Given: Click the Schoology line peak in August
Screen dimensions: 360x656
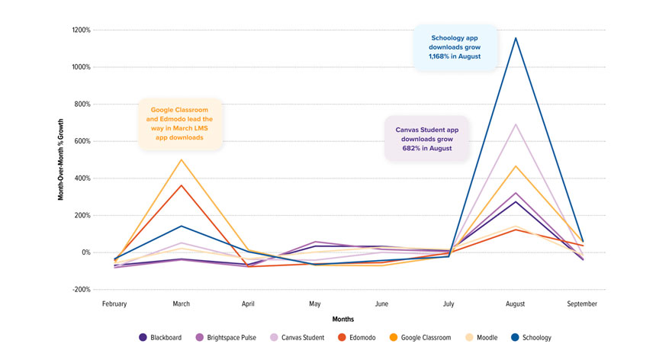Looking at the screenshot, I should coord(516,38).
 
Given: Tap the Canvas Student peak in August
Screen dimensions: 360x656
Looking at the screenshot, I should coord(516,124).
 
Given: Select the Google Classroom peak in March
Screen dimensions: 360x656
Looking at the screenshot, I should coord(182,159).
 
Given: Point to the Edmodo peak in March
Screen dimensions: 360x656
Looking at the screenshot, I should coord(182,185).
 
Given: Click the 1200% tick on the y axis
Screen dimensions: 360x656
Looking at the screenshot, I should coord(81,31).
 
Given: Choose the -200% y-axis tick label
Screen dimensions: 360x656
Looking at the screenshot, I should coord(81,290).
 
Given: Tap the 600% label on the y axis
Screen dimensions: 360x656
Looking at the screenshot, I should coord(81,141).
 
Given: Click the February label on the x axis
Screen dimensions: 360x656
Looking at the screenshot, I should coord(114,304).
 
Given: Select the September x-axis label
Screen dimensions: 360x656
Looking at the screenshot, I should coord(582,304).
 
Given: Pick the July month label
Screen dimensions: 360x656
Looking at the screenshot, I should coord(449,304).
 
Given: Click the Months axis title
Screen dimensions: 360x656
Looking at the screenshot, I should coord(342,319).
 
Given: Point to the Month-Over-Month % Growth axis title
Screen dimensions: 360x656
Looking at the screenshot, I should coord(60,160).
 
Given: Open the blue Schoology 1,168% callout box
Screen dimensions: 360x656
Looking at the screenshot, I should coord(455,47).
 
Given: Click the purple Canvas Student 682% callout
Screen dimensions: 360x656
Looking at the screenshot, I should coord(427,139).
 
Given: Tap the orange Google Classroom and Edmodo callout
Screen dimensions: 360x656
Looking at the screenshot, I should coord(181,124).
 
